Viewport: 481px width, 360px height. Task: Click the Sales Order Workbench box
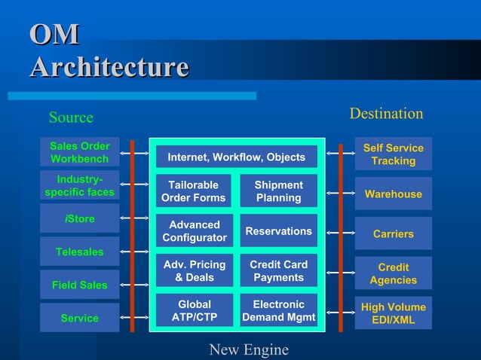[x=79, y=152]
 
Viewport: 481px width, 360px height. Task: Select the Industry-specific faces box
[x=79, y=185]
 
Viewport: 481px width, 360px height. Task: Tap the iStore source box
[x=79, y=219]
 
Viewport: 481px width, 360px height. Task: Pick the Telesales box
[x=79, y=252]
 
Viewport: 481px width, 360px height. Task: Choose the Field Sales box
[x=79, y=285]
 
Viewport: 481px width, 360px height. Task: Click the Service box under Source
[x=79, y=318]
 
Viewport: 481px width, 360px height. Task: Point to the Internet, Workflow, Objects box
[x=236, y=157]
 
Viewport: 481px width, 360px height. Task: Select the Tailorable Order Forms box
[x=193, y=191]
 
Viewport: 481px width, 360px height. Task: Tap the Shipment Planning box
[x=278, y=191]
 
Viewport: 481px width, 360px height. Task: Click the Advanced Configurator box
[x=194, y=231]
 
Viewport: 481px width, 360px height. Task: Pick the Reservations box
[x=278, y=231]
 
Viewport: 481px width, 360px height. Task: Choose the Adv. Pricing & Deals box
[x=194, y=271]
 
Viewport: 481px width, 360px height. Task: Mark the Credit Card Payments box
[x=278, y=271]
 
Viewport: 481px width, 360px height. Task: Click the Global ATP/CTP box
[x=194, y=311]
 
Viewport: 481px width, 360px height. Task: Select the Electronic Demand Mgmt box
[x=278, y=311]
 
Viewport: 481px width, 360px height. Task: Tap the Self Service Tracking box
[x=393, y=154]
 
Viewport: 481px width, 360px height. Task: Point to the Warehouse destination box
[x=393, y=194]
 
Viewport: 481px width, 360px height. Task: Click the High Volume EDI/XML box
[x=393, y=313]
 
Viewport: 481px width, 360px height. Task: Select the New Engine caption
[x=249, y=349]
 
